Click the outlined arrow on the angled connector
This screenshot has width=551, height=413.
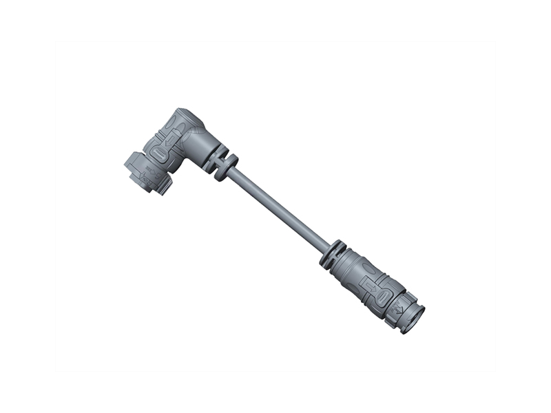tap(171, 138)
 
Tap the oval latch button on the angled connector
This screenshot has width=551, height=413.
tap(158, 153)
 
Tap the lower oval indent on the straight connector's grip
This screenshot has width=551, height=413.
tap(383, 297)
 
